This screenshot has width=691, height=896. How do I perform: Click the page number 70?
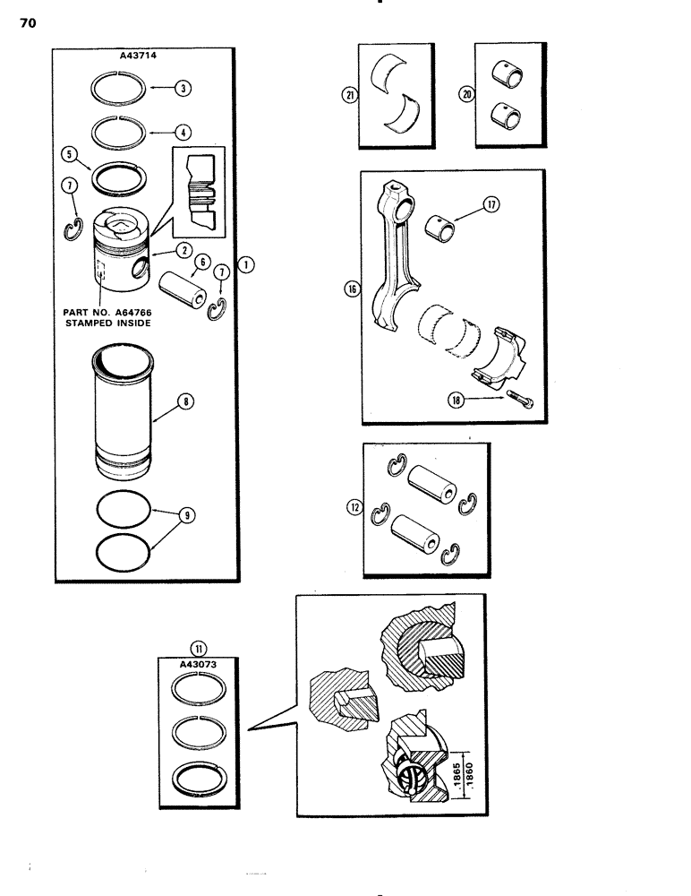27,24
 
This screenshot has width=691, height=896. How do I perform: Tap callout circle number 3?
182,88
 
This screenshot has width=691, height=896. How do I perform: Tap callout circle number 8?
184,403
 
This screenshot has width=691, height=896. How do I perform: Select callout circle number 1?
245,264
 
